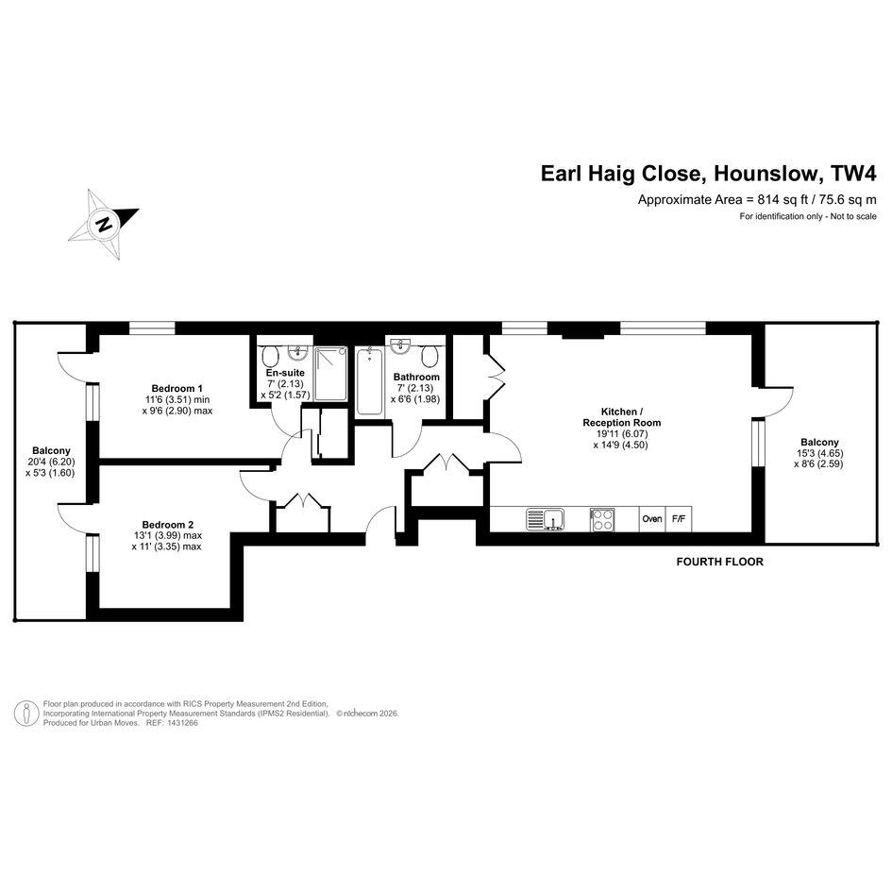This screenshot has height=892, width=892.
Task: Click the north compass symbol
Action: point(105,225)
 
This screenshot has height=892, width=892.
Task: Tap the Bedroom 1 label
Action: point(177,389)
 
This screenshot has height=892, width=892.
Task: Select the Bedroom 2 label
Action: point(167,525)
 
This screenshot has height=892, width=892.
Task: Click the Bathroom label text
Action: point(416,377)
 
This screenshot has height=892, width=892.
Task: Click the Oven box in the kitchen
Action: point(651,519)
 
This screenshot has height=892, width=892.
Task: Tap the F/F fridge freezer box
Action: point(678,519)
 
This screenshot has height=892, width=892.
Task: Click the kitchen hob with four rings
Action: point(602,519)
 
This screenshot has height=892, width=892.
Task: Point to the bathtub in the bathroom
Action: point(369,380)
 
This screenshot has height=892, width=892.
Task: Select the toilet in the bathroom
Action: point(430,355)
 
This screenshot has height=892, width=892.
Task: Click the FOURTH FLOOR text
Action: point(719,562)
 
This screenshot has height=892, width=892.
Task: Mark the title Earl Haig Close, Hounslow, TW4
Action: point(708,174)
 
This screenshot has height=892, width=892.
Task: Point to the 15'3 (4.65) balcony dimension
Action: point(819,454)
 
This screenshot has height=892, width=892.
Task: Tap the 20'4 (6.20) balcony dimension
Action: point(51,462)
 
